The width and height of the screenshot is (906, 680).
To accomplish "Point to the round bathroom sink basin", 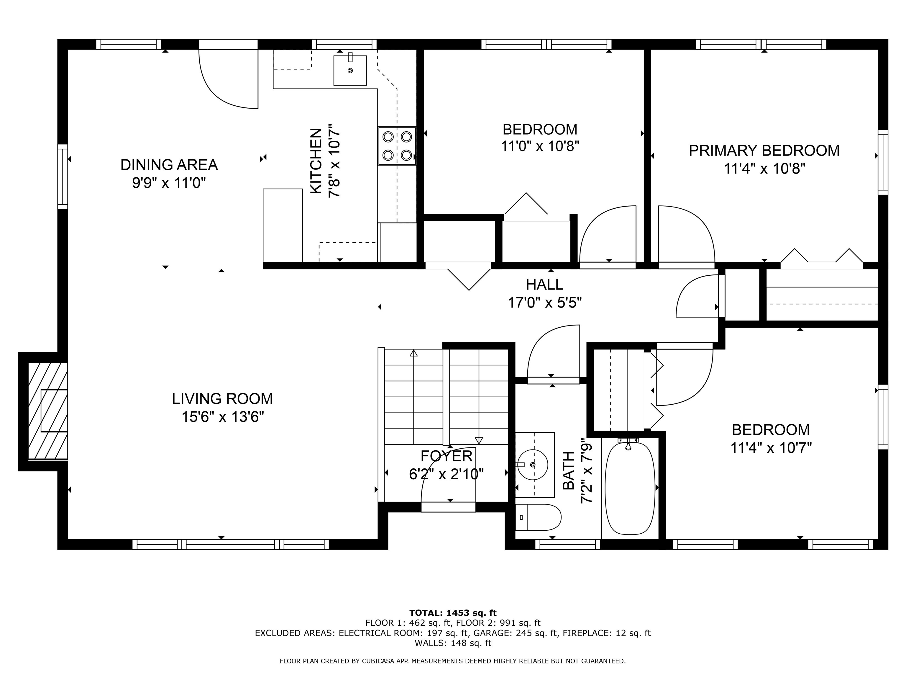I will (532, 464).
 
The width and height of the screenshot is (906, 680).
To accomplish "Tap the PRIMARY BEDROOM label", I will (764, 151).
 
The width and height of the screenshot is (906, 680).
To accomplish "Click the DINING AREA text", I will (169, 165).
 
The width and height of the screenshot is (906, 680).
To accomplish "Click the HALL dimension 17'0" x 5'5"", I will (544, 303).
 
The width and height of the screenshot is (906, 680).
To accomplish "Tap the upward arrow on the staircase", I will (413, 353).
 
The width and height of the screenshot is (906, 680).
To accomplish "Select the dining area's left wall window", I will (62, 176).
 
